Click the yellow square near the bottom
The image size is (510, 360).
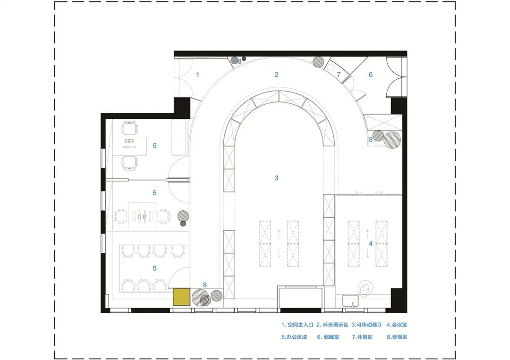click(x=181, y=297)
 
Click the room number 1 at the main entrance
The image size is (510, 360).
click(x=197, y=75)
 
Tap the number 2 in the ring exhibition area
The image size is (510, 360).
click(x=276, y=75)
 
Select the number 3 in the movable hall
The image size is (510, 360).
click(x=276, y=178)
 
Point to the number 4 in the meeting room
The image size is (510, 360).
click(x=371, y=243)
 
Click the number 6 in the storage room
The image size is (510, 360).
click(x=371, y=75)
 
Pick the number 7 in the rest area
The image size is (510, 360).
click(x=339, y=75)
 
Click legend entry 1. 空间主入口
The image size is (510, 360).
click(x=297, y=325)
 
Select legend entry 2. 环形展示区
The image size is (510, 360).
click(x=332, y=325)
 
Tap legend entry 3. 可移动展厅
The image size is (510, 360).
click(x=367, y=325)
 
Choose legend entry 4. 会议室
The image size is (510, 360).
click(x=397, y=325)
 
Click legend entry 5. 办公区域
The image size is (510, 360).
click(x=294, y=337)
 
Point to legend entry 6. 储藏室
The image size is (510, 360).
click(x=328, y=337)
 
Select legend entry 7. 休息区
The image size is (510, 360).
click(x=362, y=337)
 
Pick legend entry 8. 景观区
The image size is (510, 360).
click(x=397, y=337)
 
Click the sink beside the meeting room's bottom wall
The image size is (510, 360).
click(x=350, y=301)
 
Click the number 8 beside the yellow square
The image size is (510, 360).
click(x=204, y=285)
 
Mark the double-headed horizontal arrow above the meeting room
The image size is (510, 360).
click(x=369, y=192)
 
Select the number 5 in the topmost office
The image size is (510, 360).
click(x=154, y=146)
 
